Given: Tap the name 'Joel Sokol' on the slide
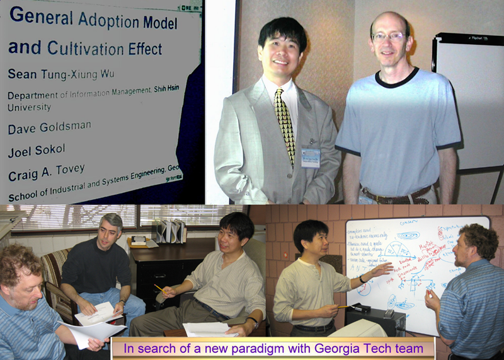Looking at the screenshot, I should (37, 152).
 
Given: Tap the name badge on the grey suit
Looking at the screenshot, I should (310, 158).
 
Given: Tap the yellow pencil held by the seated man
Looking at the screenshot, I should (159, 288).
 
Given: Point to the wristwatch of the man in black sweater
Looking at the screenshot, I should (122, 305).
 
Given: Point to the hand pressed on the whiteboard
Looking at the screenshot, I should (383, 270).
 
